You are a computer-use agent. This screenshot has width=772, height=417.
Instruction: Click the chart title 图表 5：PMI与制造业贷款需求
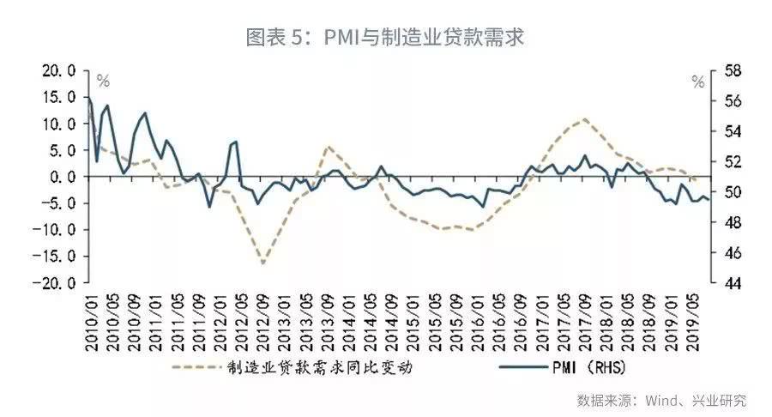385,38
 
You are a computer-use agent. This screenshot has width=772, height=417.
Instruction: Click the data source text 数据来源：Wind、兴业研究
661,400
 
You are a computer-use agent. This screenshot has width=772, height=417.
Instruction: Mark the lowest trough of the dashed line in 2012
262,263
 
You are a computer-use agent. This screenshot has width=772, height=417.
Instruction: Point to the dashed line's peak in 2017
584,119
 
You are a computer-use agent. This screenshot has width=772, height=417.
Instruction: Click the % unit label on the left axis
103,82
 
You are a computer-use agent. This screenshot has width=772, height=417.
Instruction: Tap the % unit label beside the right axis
697,82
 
